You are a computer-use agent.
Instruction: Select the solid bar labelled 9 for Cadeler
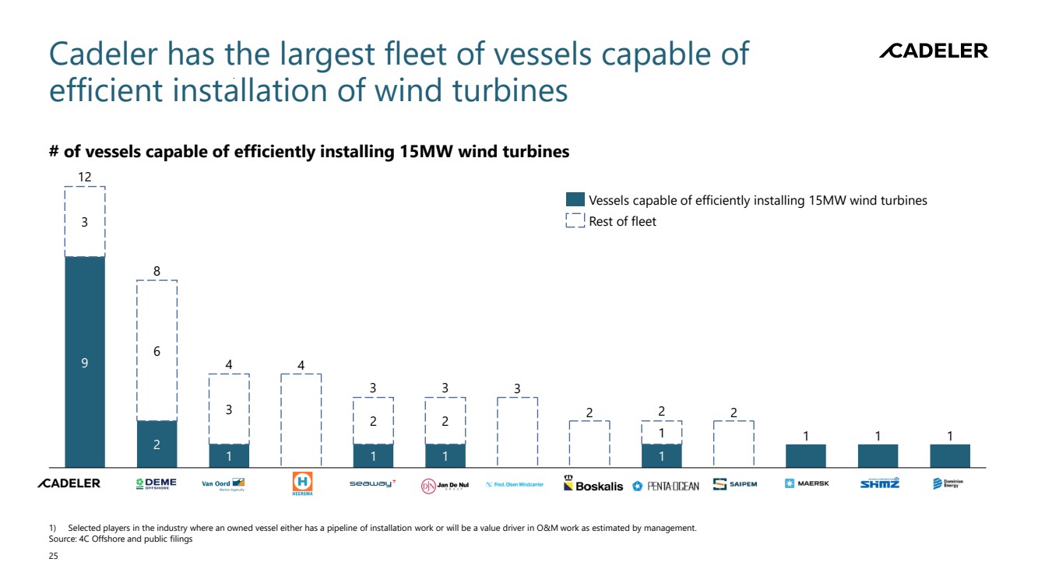(x=85, y=361)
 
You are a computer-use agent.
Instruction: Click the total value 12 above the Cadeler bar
(x=85, y=177)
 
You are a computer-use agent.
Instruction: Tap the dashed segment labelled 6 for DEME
(x=157, y=350)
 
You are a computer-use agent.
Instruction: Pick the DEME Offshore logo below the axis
(x=157, y=483)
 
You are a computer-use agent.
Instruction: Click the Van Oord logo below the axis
(x=223, y=484)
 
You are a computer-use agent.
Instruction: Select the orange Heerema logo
(x=301, y=483)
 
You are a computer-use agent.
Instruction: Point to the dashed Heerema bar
(x=301, y=420)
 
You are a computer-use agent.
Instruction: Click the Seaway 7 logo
(x=372, y=483)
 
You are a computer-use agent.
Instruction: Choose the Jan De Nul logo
(x=445, y=485)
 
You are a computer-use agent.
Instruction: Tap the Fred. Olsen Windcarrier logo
(x=515, y=484)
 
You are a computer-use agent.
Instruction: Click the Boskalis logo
(x=593, y=484)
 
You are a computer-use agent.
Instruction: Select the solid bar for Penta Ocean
(x=661, y=455)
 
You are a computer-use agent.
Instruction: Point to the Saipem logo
(x=734, y=484)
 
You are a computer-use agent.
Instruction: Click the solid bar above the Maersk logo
(x=805, y=455)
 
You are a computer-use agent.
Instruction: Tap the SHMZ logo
(x=879, y=483)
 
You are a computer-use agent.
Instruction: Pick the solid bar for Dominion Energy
(x=950, y=455)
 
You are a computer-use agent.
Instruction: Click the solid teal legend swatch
(x=575, y=200)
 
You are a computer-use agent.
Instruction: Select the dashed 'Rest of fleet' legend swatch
(x=575, y=221)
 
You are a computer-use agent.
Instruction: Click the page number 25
(x=53, y=557)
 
